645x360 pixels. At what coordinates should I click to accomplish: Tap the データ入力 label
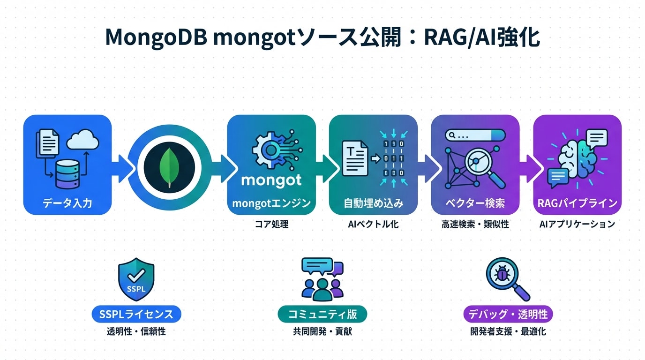tap(67, 203)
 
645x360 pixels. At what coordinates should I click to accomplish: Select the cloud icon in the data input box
tap(82, 139)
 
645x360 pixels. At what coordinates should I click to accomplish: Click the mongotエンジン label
tap(271, 203)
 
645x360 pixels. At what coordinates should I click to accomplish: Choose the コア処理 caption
tap(271, 224)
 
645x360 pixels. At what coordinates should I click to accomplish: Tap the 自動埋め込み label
tap(373, 203)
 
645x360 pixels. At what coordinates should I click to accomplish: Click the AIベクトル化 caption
tap(373, 224)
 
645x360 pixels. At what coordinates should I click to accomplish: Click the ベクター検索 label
tap(475, 203)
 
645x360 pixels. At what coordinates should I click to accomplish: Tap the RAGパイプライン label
tap(577, 203)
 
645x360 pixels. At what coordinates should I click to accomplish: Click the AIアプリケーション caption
tap(577, 224)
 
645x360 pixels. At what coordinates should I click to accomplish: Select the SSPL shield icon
tap(136, 281)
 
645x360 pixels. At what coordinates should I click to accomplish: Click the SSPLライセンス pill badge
tap(136, 314)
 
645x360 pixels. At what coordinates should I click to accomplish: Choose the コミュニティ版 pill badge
tap(322, 314)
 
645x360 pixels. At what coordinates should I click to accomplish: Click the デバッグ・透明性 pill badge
tap(508, 314)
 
